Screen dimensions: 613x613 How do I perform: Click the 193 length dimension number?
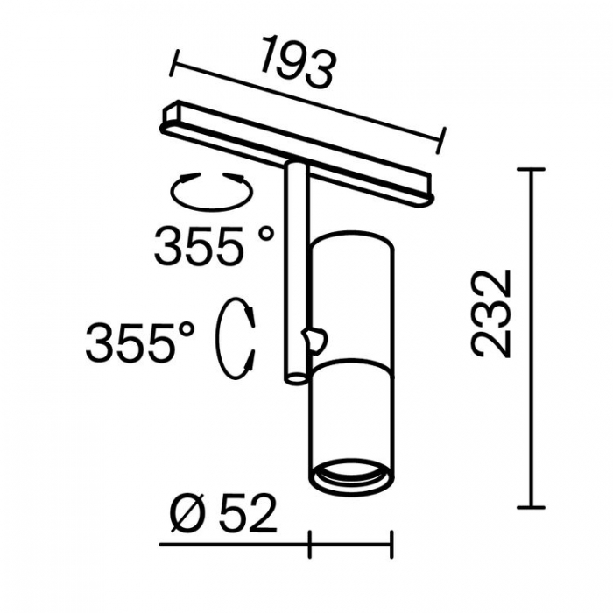coord(298,62)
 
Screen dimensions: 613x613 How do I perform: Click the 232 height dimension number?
coord(491,314)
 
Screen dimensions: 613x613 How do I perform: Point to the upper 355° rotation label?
coord(214,246)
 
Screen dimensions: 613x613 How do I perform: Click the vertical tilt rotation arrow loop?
coord(236,339)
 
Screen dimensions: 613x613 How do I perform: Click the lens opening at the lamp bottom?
coord(351,470)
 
